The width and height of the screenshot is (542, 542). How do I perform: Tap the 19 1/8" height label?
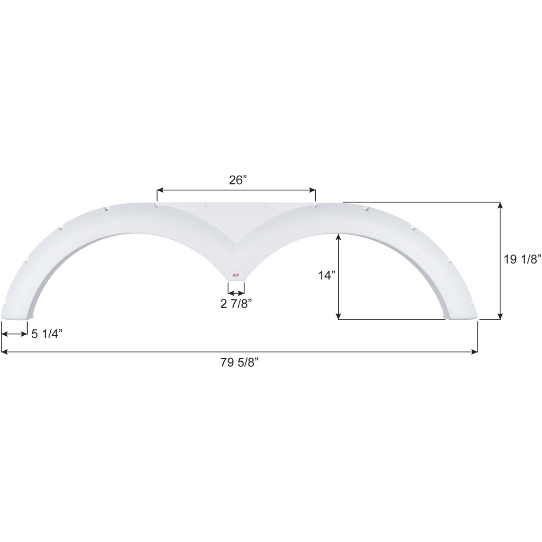pos(522,259)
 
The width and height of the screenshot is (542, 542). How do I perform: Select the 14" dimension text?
pos(326,276)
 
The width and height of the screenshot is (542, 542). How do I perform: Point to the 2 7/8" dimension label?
pos(236,304)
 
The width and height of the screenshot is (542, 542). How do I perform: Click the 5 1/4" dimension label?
pos(47,334)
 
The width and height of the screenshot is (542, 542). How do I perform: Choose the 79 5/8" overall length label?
pos(239,362)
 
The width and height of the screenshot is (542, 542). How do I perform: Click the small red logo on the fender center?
pos(236,275)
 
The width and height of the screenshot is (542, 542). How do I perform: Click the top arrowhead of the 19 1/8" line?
pos(500,205)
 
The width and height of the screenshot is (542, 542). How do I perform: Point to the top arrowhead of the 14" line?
pos(339,236)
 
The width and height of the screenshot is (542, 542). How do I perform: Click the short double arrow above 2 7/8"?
pos(236,291)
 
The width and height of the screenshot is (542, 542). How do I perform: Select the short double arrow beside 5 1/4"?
pos(14,334)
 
